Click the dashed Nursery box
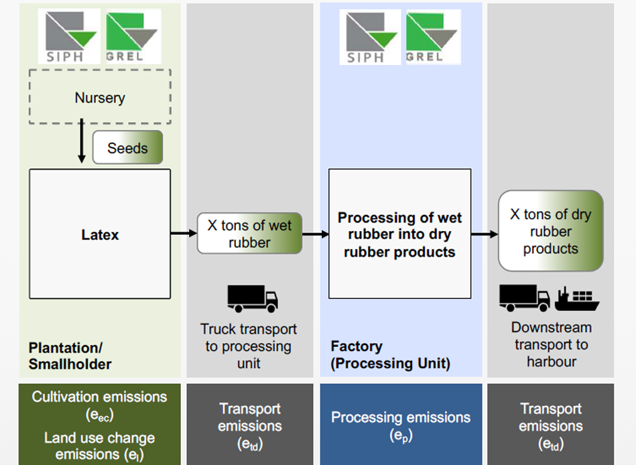[100, 98]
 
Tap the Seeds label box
[127, 147]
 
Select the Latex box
[100, 234]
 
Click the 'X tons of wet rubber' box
[249, 233]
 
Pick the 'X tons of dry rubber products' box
[550, 231]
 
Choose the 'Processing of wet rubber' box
[399, 234]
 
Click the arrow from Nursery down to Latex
[82, 141]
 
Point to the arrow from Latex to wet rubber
[184, 233]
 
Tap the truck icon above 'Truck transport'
[252, 297]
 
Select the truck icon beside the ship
[525, 297]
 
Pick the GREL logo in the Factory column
[432, 36]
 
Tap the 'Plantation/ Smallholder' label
[70, 356]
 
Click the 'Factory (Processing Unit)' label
[390, 355]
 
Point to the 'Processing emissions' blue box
[401, 423]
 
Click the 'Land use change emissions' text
[99, 446]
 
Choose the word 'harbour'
[550, 362]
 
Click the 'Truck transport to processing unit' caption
[249, 346]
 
